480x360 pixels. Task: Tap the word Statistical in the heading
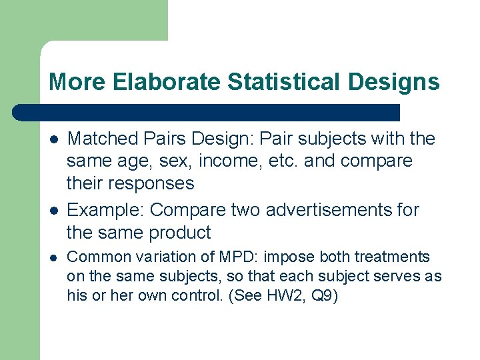(x=287, y=82)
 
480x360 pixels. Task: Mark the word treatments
(x=393, y=257)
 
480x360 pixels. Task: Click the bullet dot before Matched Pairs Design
(x=54, y=139)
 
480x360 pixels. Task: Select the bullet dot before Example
(x=54, y=211)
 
